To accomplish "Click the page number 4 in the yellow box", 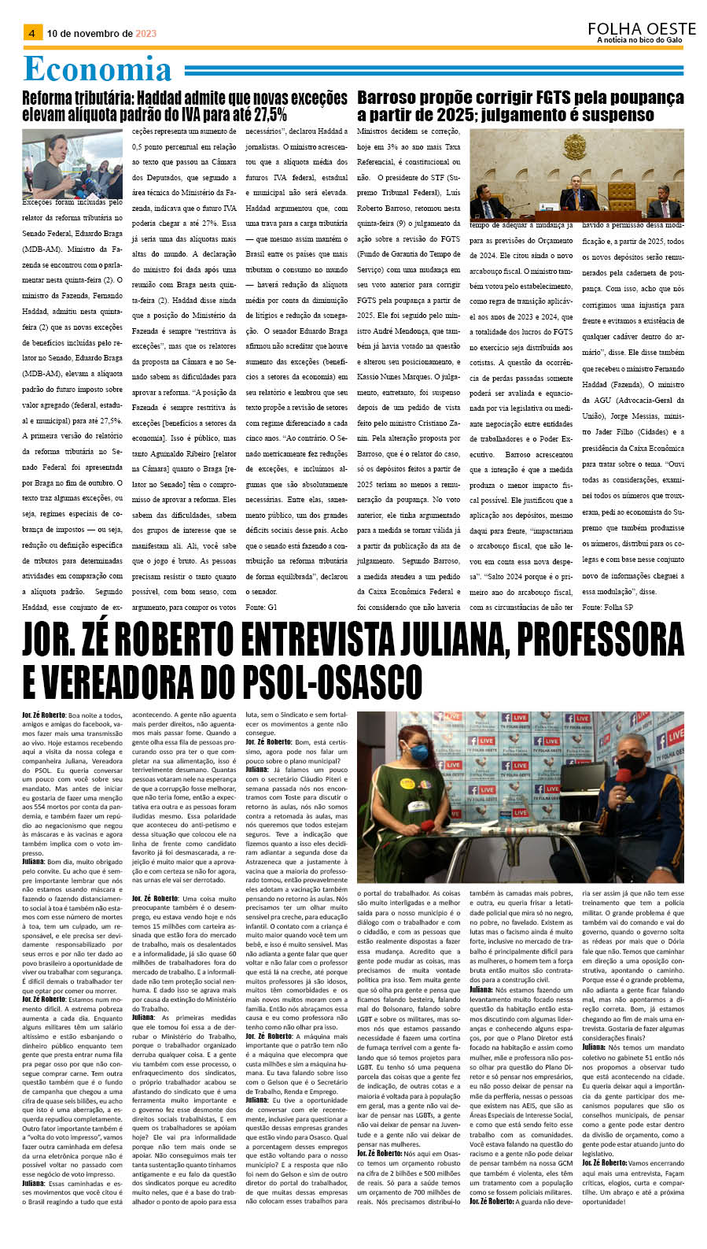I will (x=31, y=33).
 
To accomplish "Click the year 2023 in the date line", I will (x=145, y=34).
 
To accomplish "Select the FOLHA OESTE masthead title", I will (x=641, y=28).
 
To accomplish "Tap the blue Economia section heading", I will (x=97, y=69).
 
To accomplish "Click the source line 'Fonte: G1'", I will (x=261, y=607).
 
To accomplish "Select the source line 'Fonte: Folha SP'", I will (x=607, y=607).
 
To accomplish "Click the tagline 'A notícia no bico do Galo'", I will (x=639, y=40).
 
